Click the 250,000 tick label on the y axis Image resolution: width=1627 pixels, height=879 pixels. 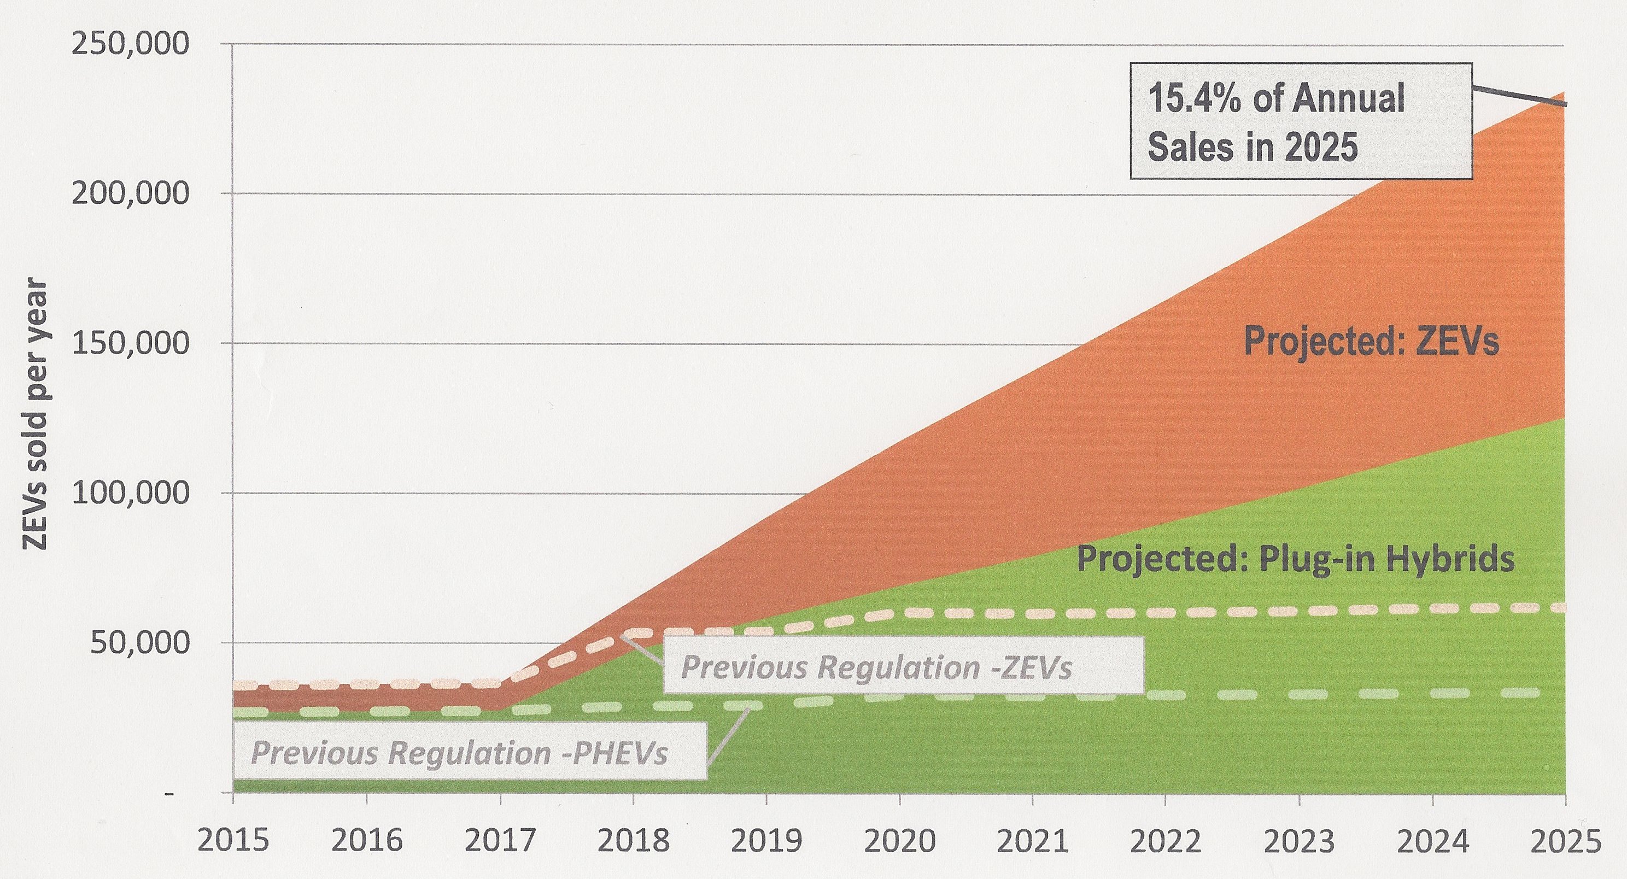click(130, 45)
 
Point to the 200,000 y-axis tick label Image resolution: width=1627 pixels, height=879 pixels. click(130, 194)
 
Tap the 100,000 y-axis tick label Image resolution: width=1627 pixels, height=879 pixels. click(130, 493)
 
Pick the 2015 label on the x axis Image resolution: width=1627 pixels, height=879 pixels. click(233, 842)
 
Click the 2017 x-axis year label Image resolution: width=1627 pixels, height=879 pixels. click(500, 842)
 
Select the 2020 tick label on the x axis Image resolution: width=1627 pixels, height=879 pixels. click(899, 842)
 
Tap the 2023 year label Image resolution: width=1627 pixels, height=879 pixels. click(1298, 842)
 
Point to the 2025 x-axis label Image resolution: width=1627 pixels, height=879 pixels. click(1566, 842)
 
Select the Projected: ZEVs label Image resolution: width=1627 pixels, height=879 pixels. click(1371, 343)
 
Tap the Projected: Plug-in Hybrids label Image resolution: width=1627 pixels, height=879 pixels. click(1295, 559)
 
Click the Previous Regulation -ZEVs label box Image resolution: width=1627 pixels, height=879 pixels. click(903, 666)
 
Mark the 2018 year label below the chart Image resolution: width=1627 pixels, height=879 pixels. click(633, 842)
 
